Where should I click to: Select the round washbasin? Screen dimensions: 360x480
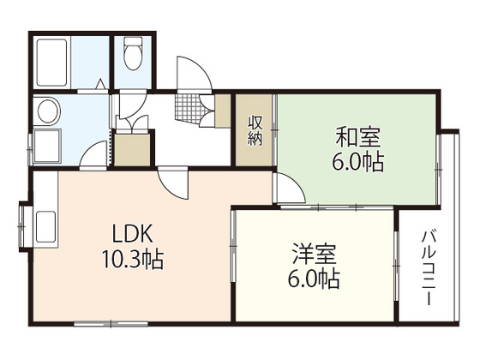point(47,111)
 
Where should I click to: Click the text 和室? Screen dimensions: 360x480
point(357,136)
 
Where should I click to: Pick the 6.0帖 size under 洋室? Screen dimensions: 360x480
point(313,279)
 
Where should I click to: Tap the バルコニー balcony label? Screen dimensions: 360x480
point(429,267)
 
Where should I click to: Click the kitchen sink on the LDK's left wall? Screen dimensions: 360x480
point(44,226)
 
